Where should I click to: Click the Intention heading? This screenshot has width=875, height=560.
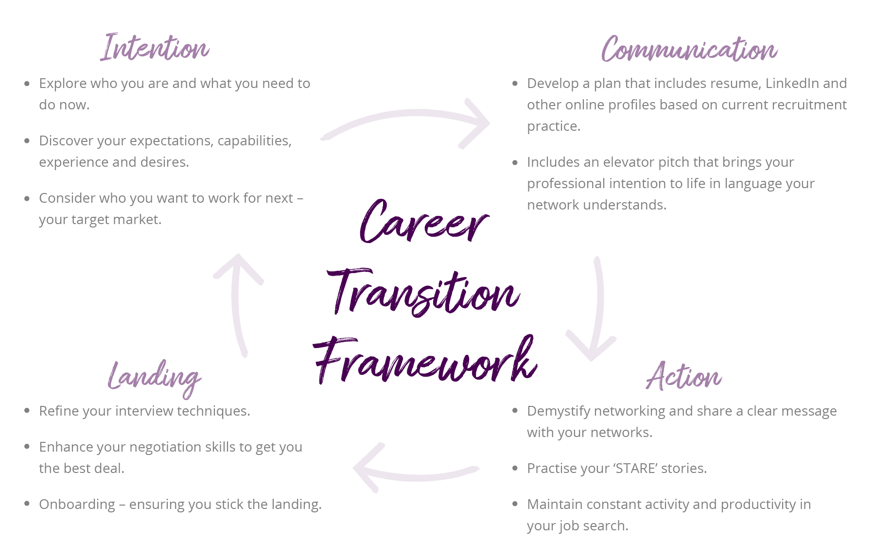click(x=155, y=48)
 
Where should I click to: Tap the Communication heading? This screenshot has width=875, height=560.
click(x=689, y=49)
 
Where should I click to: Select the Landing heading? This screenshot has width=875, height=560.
click(x=154, y=379)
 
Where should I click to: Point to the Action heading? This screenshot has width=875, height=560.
click(x=683, y=376)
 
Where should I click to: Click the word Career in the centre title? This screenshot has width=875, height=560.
click(x=424, y=222)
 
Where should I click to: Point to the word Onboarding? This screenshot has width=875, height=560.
click(x=77, y=505)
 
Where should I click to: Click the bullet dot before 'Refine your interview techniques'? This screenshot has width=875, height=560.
click(x=27, y=411)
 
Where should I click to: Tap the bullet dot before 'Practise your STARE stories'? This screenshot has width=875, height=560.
click(x=515, y=468)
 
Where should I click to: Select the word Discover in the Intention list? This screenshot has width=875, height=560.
click(x=66, y=140)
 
